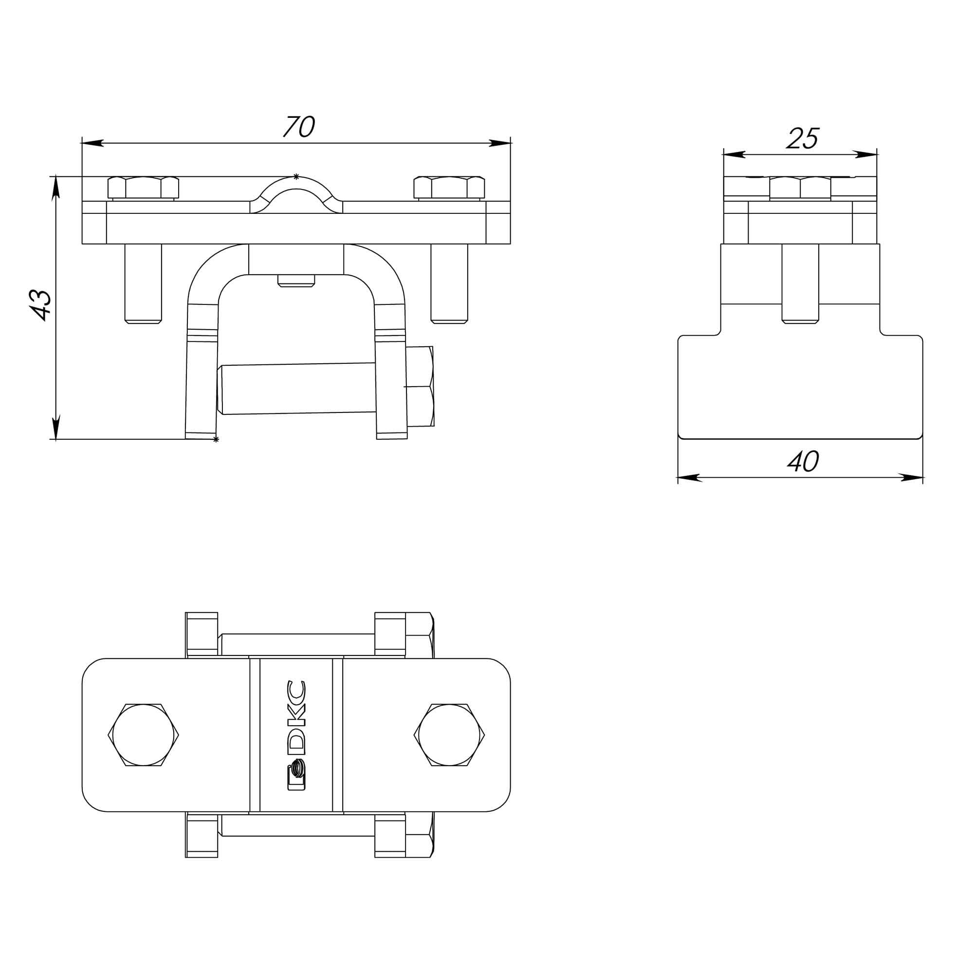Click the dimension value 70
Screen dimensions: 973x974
(299, 127)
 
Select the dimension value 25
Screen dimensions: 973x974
(803, 139)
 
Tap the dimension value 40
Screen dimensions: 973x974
(803, 461)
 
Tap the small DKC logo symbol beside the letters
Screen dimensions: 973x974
(296, 777)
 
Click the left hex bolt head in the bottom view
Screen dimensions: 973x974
(144, 735)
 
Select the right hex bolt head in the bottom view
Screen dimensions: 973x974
(449, 735)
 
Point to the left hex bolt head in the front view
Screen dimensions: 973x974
(144, 187)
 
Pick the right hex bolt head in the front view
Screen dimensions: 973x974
(449, 187)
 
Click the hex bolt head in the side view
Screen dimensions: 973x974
(800, 188)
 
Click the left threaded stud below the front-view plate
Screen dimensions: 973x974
(144, 283)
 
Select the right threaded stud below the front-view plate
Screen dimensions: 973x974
(449, 283)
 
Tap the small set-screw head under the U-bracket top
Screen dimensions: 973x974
(296, 281)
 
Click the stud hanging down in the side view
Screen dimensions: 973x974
(800, 283)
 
